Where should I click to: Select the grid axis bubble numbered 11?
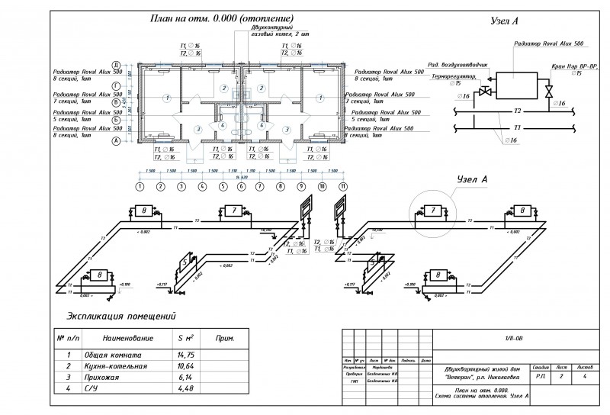343,186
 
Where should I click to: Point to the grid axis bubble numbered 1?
140,186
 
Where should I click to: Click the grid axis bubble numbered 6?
241,186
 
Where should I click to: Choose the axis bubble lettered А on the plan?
116,141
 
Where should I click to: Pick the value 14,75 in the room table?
184,355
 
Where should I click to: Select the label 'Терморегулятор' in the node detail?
456,76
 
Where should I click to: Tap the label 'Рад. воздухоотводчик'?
455,65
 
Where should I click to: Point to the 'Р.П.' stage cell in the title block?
541,376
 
